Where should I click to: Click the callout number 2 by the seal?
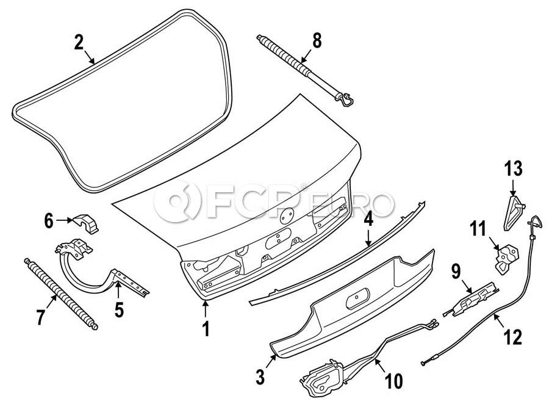(x=79, y=42)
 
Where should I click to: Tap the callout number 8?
(x=317, y=40)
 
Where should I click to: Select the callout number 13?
(x=513, y=168)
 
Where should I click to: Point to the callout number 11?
(x=478, y=229)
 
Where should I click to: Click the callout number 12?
(x=512, y=337)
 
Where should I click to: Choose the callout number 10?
(x=393, y=381)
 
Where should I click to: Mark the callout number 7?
(x=41, y=317)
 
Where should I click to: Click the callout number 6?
(x=49, y=221)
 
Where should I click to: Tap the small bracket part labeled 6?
(x=86, y=223)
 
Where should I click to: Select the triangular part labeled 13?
(x=512, y=213)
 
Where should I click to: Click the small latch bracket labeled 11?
(x=506, y=258)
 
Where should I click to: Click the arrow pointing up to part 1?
(x=206, y=309)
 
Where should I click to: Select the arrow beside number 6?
(x=63, y=220)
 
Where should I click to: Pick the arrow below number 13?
(x=512, y=188)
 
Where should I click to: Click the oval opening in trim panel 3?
(x=357, y=298)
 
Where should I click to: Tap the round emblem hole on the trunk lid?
(x=287, y=216)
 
